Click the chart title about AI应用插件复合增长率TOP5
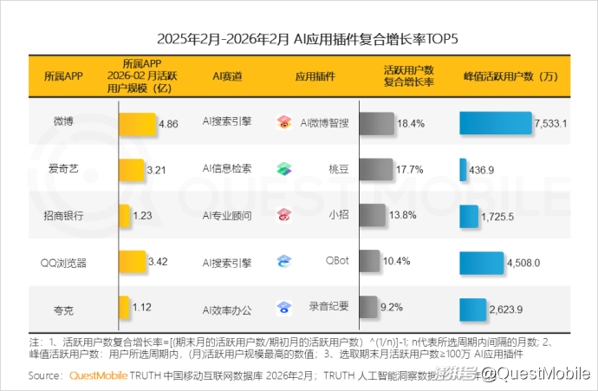pos(299,39)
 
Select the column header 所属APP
pos(63,76)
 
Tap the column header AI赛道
pos(227,76)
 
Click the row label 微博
pos(63,122)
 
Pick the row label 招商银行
pos(63,215)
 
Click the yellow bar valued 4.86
pos(137,123)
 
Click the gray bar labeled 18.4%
pos(375,123)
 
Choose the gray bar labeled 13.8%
pos(371,215)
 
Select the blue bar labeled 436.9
pos(463,169)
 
